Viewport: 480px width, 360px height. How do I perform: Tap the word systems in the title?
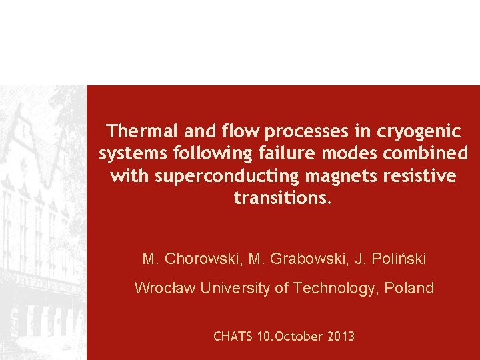133,154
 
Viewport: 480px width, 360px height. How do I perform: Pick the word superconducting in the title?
211,177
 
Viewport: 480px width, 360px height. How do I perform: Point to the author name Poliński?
399,259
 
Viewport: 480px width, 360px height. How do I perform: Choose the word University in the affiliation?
238,288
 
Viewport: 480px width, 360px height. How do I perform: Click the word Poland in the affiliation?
411,288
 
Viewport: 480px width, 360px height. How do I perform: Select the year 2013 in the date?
341,337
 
